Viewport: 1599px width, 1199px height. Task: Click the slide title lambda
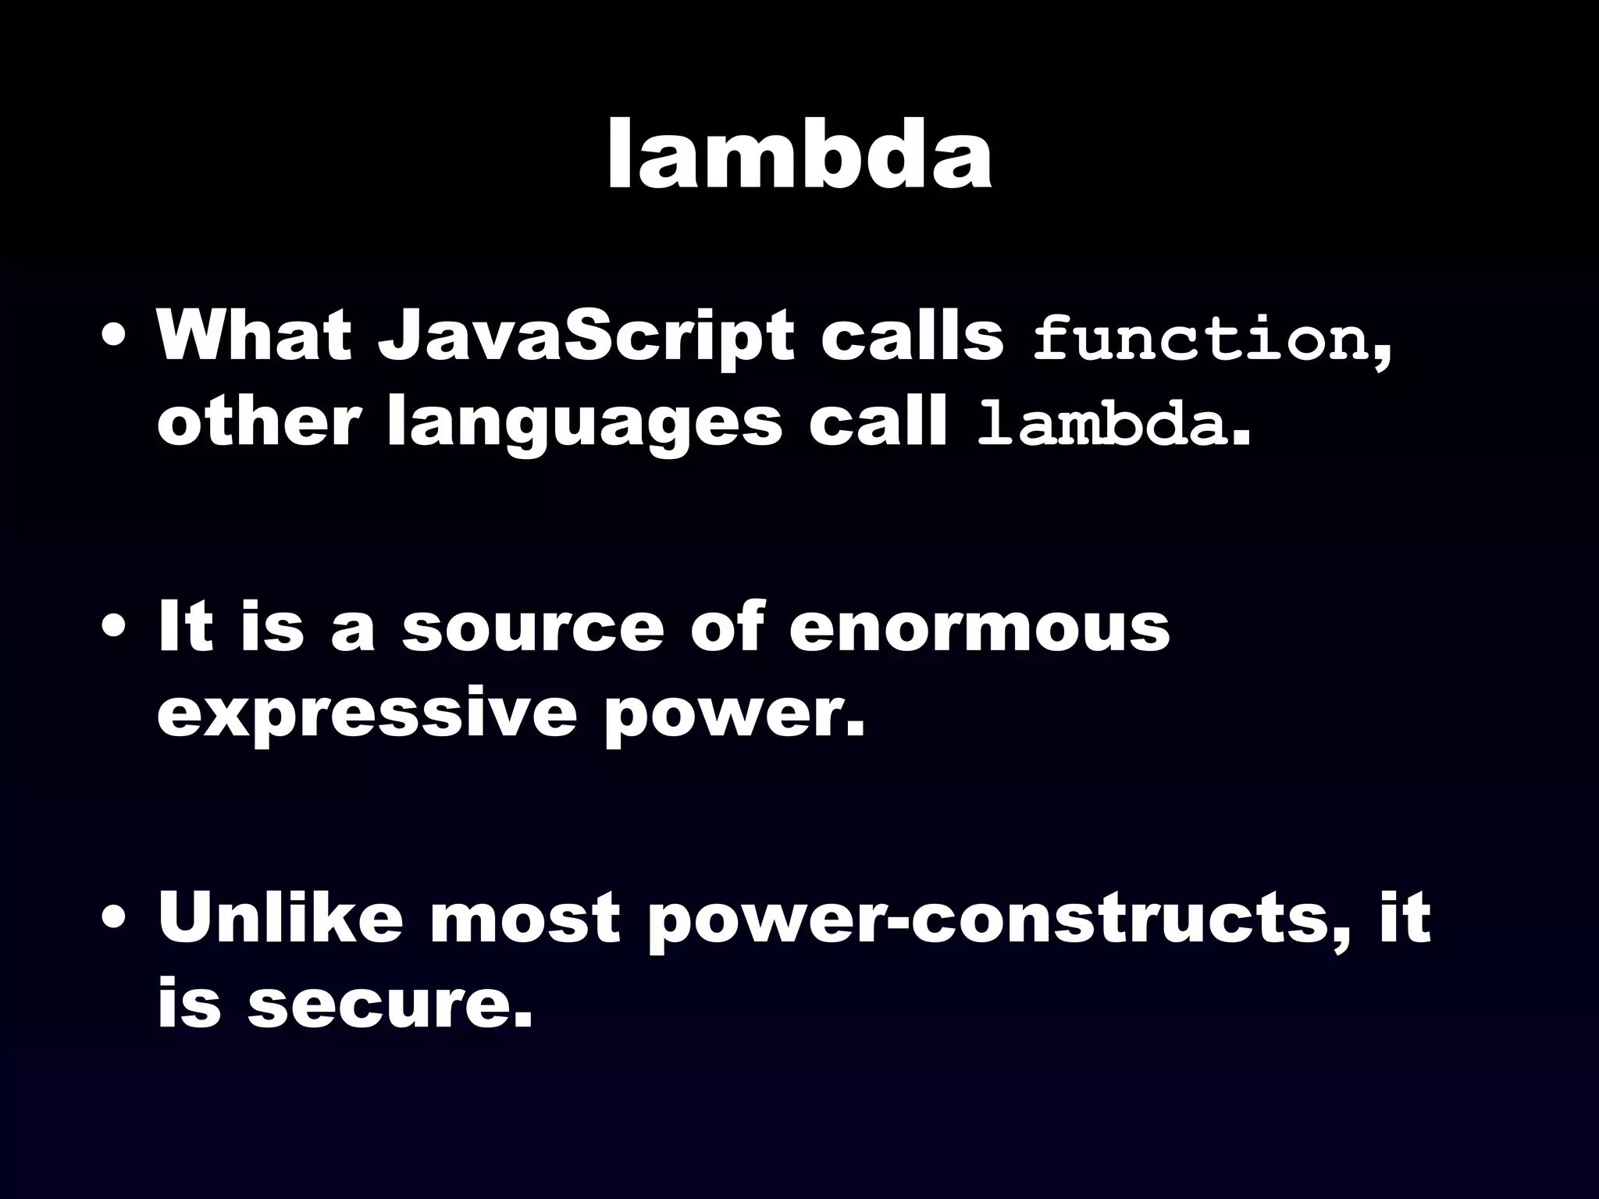pyautogui.click(x=799, y=156)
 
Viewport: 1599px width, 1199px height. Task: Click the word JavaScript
pyautogui.click(x=586, y=337)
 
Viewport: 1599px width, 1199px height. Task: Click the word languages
pyautogui.click(x=584, y=425)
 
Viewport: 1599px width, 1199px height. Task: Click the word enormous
pyautogui.click(x=979, y=628)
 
